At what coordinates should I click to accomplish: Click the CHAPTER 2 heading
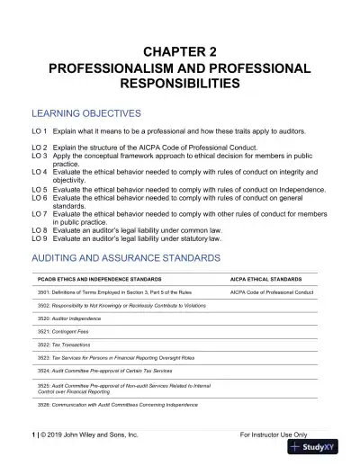click(179, 51)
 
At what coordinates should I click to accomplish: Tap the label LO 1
click(39, 132)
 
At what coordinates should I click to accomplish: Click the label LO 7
click(39, 214)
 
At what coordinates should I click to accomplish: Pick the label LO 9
click(39, 238)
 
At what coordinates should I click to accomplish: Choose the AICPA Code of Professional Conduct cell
click(272, 292)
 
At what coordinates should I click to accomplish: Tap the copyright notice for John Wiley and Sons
click(85, 435)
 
